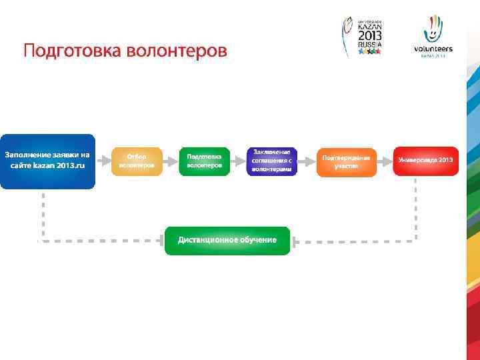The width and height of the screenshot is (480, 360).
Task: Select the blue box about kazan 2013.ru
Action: point(47,161)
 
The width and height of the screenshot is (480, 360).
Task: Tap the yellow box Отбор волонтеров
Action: point(137,161)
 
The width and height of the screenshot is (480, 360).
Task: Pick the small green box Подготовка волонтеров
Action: point(205,161)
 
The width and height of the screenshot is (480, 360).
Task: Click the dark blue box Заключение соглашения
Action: point(272,161)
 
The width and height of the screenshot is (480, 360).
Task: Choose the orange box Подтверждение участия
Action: point(346,161)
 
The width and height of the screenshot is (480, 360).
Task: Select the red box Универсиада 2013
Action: point(426,161)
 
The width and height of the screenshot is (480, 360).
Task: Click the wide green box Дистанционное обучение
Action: point(227,240)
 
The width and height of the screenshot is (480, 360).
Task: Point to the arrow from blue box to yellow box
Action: point(103,161)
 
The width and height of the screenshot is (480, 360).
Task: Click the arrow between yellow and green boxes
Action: point(171,161)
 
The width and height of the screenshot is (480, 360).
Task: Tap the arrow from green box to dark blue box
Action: point(238,161)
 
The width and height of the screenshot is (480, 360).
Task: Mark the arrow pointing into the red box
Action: point(385,161)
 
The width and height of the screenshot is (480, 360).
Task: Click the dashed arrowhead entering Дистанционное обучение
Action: point(297,240)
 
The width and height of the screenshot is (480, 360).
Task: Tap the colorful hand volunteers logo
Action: point(434,29)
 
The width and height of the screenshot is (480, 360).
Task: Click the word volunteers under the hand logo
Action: point(433,49)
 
